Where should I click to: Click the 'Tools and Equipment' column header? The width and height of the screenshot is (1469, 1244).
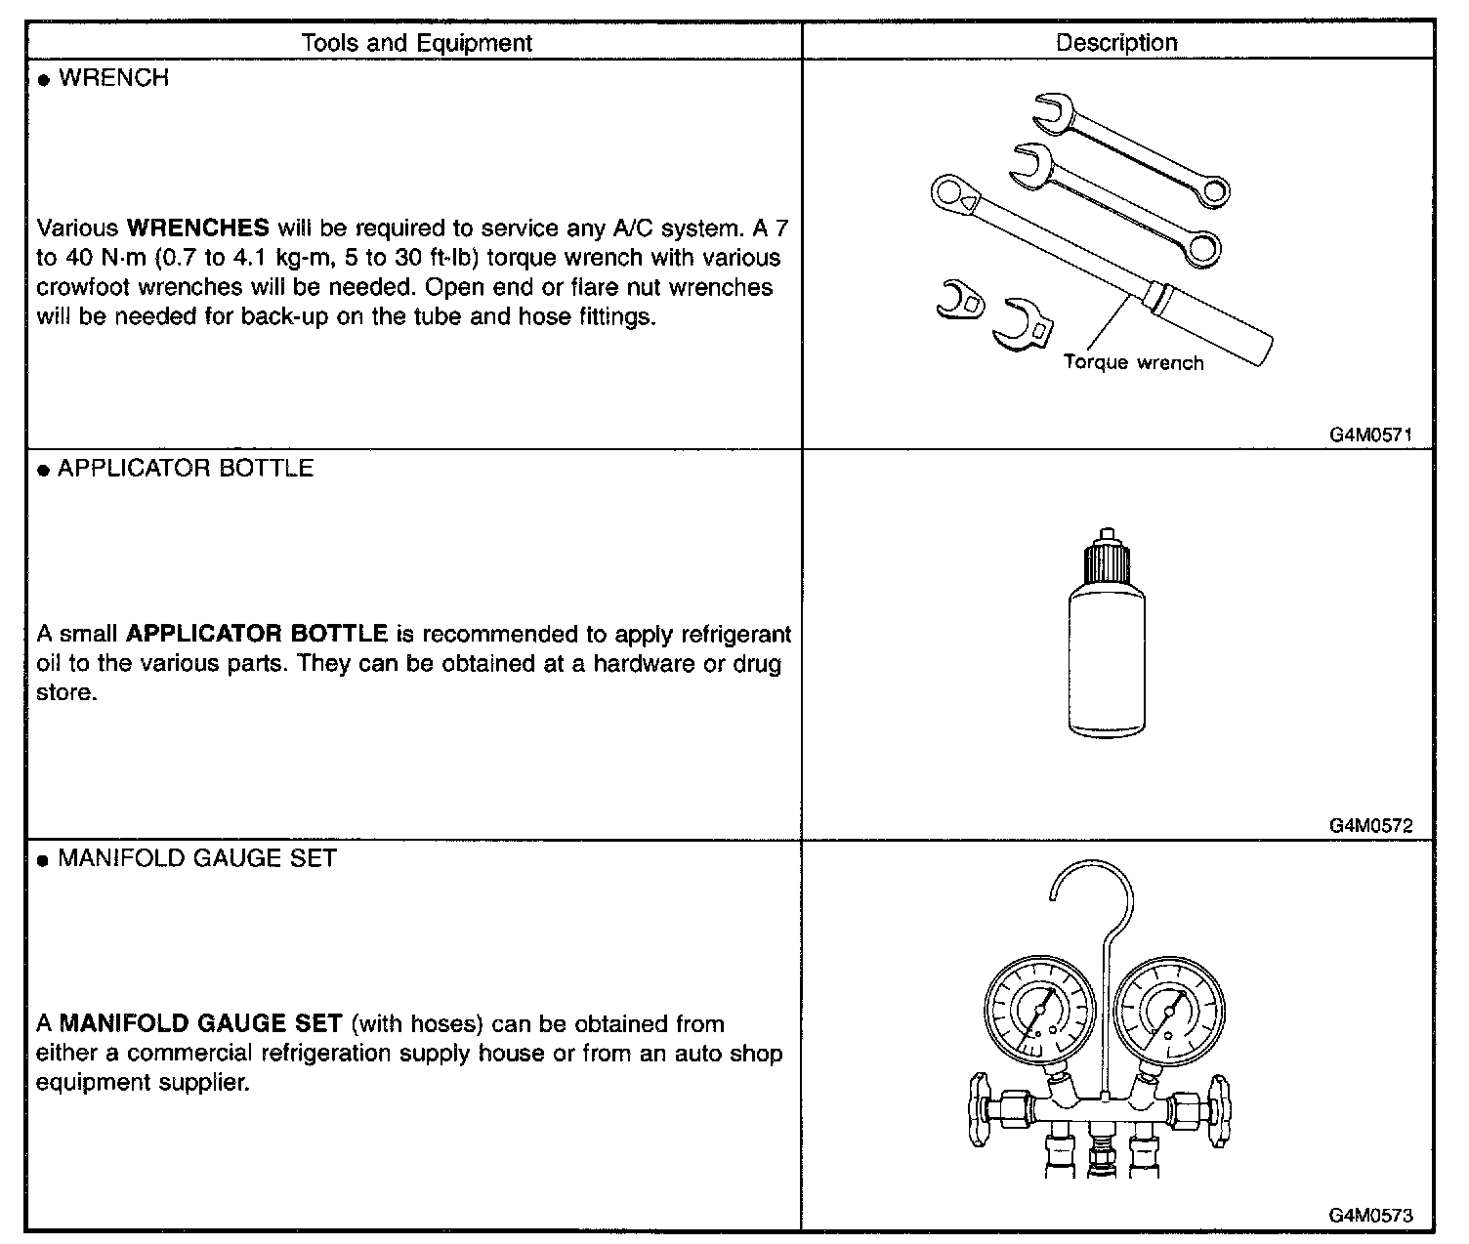(x=417, y=43)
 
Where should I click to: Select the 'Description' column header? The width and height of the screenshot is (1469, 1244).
(x=1116, y=43)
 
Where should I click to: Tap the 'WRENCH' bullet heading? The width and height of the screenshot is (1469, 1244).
(x=113, y=78)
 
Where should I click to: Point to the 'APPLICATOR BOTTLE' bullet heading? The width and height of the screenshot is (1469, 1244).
(x=186, y=469)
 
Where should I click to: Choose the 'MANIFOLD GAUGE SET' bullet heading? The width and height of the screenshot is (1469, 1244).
(x=197, y=859)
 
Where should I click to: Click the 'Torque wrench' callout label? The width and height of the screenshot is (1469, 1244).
(x=1133, y=363)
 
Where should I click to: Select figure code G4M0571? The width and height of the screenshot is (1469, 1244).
(x=1370, y=435)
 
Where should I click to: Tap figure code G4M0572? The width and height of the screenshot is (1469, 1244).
(x=1370, y=826)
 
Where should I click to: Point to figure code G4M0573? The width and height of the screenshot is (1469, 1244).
(x=1370, y=1216)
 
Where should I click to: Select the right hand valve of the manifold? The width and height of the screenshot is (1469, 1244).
(x=1219, y=1111)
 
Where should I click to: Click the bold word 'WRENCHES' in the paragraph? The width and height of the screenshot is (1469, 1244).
(x=198, y=228)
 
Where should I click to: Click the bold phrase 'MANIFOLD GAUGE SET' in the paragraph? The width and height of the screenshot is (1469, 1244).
(x=201, y=1024)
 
